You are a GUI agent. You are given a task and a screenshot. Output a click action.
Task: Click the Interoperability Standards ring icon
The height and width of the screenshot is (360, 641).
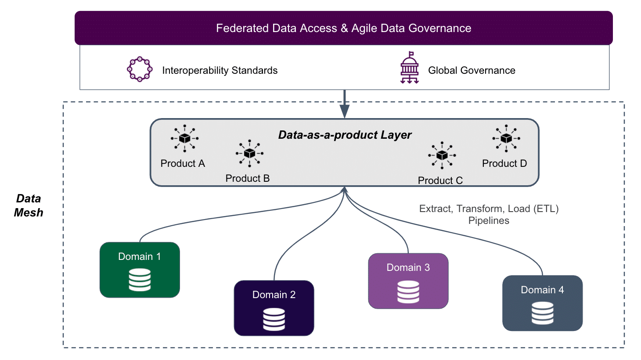tap(140, 57)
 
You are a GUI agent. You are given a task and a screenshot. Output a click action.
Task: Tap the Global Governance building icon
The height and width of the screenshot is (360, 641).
tap(410, 68)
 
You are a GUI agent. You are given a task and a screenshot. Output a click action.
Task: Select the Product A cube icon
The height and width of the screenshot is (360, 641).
tap(184, 138)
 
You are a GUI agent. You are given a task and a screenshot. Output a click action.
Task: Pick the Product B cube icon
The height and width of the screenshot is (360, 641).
tap(249, 153)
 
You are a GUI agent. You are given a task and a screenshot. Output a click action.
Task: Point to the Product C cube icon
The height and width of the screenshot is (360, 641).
tap(442, 155)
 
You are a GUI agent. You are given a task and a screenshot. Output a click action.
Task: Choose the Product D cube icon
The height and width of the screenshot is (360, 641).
tap(506, 138)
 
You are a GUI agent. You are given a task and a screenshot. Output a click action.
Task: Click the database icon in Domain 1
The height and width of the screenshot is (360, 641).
tap(140, 280)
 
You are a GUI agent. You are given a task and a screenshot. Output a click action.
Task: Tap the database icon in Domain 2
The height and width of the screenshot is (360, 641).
tap(274, 319)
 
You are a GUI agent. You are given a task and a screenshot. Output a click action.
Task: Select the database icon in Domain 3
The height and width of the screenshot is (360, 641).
tap(408, 292)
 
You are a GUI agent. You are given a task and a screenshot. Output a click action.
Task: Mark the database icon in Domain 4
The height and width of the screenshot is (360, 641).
tap(542, 313)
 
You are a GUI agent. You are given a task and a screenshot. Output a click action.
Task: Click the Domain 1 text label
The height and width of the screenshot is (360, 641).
tap(139, 256)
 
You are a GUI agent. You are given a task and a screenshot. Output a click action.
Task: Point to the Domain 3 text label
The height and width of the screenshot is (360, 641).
tap(408, 267)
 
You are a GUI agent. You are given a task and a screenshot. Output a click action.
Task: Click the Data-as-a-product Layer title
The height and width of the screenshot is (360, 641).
tap(345, 135)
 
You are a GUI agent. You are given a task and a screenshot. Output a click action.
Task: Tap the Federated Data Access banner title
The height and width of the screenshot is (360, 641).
tap(343, 28)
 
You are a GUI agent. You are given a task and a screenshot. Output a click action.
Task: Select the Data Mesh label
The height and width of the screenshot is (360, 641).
tap(29, 205)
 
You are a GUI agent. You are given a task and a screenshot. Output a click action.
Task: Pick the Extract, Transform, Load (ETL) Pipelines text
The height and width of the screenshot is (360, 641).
tap(489, 214)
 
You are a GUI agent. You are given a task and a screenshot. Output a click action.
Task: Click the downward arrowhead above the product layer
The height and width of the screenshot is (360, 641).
tap(345, 112)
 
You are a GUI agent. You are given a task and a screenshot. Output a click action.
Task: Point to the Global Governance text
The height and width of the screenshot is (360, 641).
tap(472, 70)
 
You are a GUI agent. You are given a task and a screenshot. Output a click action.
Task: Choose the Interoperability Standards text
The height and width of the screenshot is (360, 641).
tap(220, 70)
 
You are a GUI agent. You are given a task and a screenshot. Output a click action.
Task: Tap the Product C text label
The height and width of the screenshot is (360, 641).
tap(440, 180)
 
